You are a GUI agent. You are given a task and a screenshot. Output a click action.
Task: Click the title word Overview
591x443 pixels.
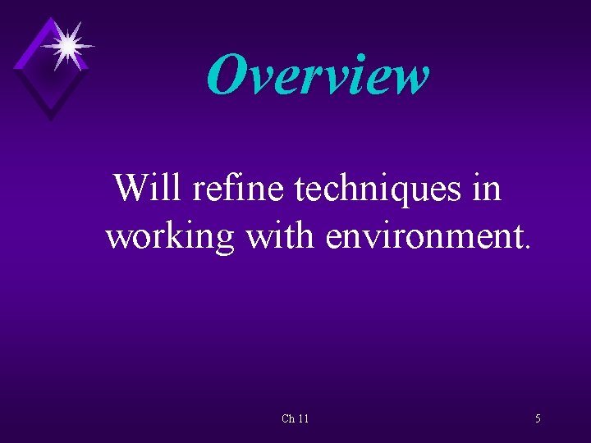pos(318,75)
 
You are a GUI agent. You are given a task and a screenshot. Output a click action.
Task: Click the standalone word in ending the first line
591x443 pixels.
pos(486,189)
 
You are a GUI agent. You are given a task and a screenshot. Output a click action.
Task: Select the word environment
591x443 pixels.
pos(424,236)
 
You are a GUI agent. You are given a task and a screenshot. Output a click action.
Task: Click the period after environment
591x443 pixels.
pos(528,246)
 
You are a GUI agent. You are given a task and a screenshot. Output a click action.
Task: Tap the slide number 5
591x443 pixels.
pos(538,418)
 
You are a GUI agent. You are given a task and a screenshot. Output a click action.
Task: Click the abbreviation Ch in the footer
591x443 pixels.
pos(288,418)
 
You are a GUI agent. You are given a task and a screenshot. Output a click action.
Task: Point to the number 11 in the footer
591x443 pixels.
pos(304,418)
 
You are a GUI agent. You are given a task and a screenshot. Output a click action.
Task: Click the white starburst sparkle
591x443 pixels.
pos(67,44)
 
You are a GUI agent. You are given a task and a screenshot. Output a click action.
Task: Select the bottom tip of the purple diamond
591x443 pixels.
pos(52,120)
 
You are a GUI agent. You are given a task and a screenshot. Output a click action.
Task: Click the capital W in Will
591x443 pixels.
pos(132,188)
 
